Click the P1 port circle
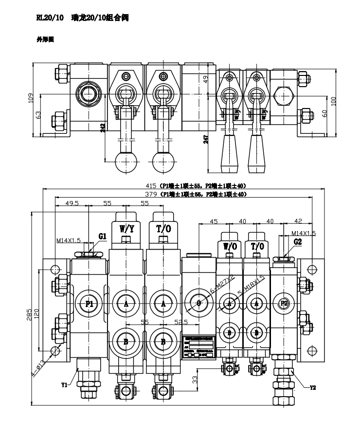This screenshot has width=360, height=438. point(89,304)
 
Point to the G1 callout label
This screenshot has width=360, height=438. point(102,236)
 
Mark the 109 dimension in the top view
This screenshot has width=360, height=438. point(30,98)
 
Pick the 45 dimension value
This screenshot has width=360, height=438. point(213,221)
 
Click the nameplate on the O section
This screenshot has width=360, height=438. point(198,347)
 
